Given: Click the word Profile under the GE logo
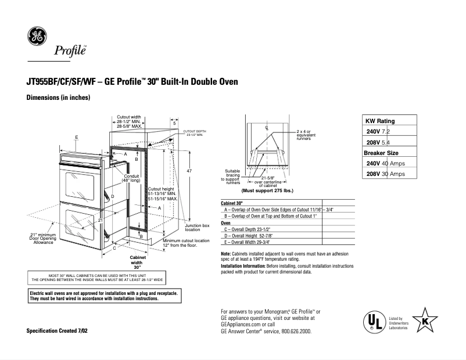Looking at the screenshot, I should coord(70,51).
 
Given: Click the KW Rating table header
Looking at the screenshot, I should coord(379,121).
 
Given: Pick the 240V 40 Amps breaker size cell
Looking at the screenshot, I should coord(385,163).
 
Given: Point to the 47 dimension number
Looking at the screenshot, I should coord(189,171).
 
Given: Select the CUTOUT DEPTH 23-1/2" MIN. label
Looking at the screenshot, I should coord(195,133).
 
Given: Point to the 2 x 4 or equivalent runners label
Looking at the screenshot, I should coord(304,135).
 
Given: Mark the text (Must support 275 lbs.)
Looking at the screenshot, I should coord(267,190).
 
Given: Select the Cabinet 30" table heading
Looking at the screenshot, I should coord(232,204).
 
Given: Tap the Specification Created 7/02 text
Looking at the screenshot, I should coord(57,330).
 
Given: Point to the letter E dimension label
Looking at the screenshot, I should coord(77,137).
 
